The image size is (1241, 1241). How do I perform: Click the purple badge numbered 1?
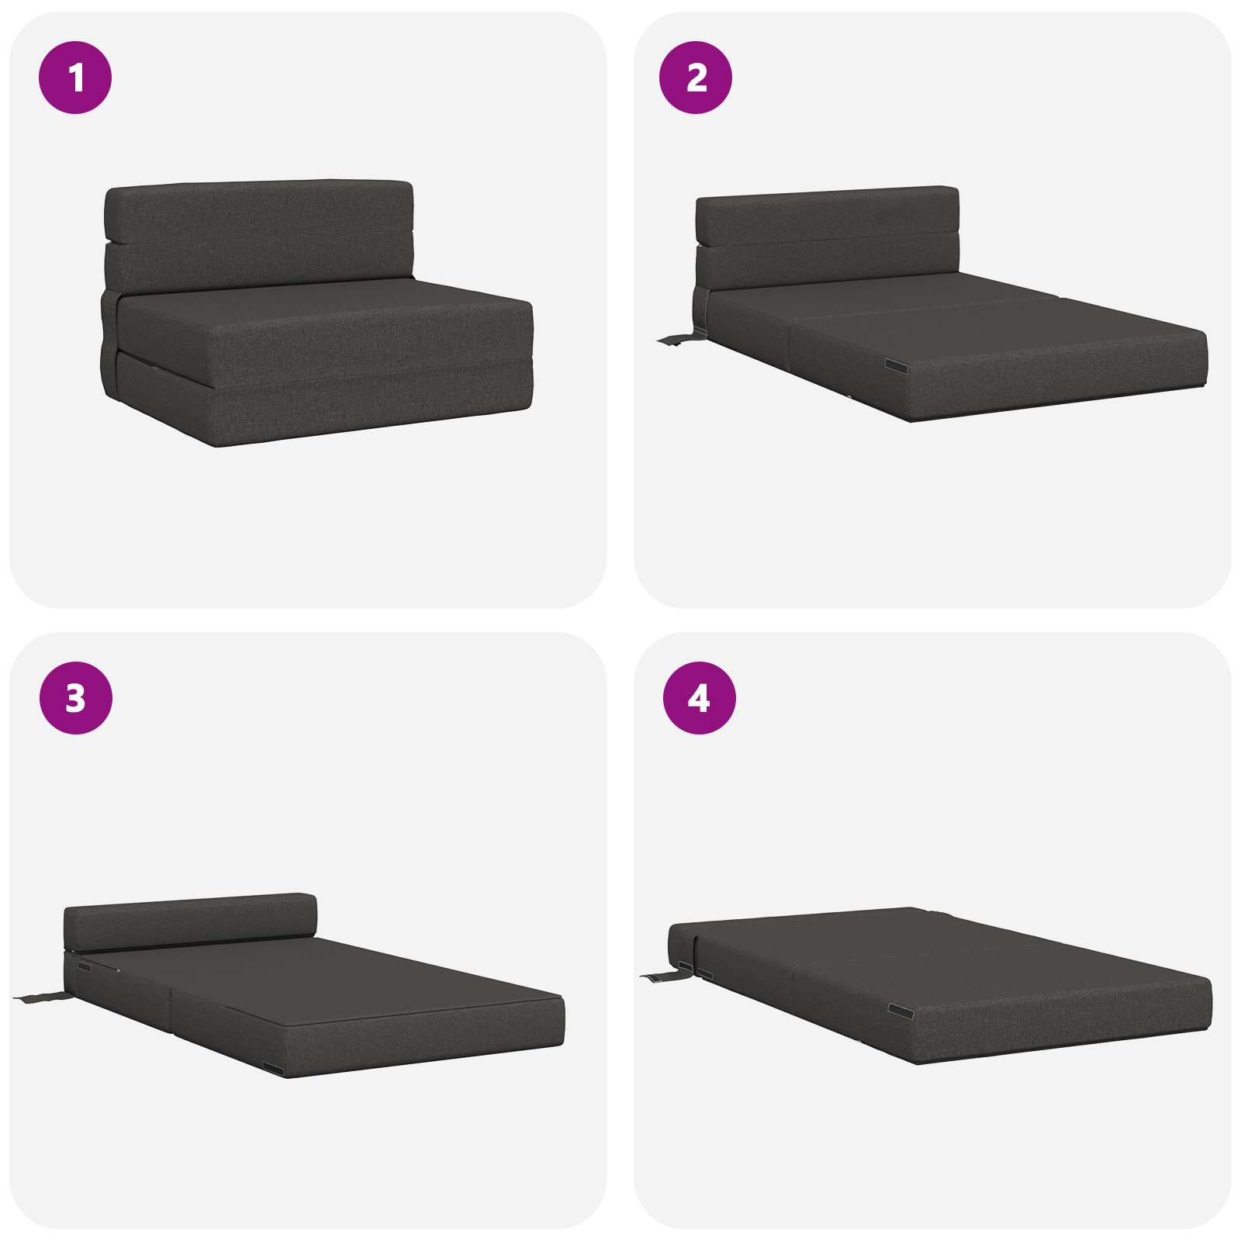pyautogui.click(x=75, y=78)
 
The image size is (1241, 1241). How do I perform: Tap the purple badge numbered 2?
pyautogui.click(x=696, y=78)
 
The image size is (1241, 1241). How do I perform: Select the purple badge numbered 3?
pyautogui.click(x=75, y=698)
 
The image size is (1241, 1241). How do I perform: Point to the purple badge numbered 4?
pyautogui.click(x=699, y=698)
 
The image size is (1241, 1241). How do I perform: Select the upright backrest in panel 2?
pyautogui.click(x=828, y=239)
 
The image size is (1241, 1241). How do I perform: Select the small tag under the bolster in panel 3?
pyautogui.click(x=85, y=966)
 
